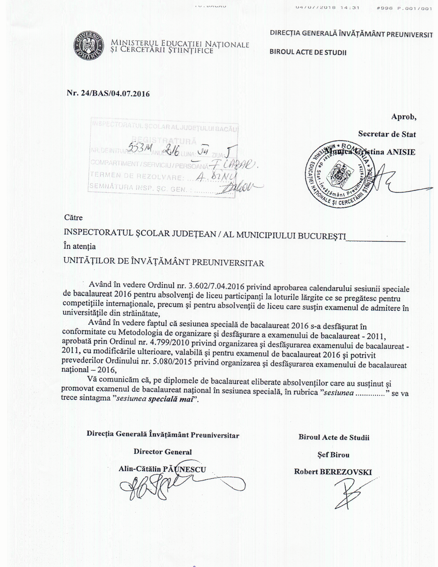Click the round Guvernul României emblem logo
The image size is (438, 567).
[88, 47]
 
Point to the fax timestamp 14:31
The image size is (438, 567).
[350, 8]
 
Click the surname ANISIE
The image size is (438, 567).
[401, 152]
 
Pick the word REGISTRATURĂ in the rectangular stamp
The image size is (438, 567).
[164, 141]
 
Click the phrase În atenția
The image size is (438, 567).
[80, 246]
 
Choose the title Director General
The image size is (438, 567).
[163, 452]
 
